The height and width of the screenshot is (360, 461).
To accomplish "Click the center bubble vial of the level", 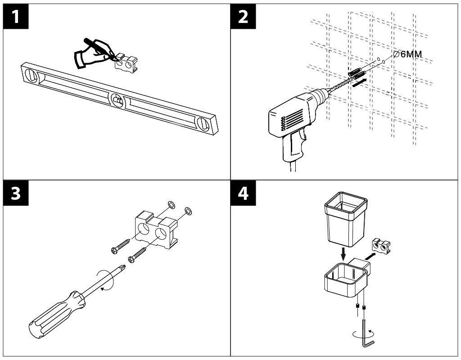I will tap(116, 99).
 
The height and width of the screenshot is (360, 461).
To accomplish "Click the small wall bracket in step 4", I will tap(381, 247).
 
